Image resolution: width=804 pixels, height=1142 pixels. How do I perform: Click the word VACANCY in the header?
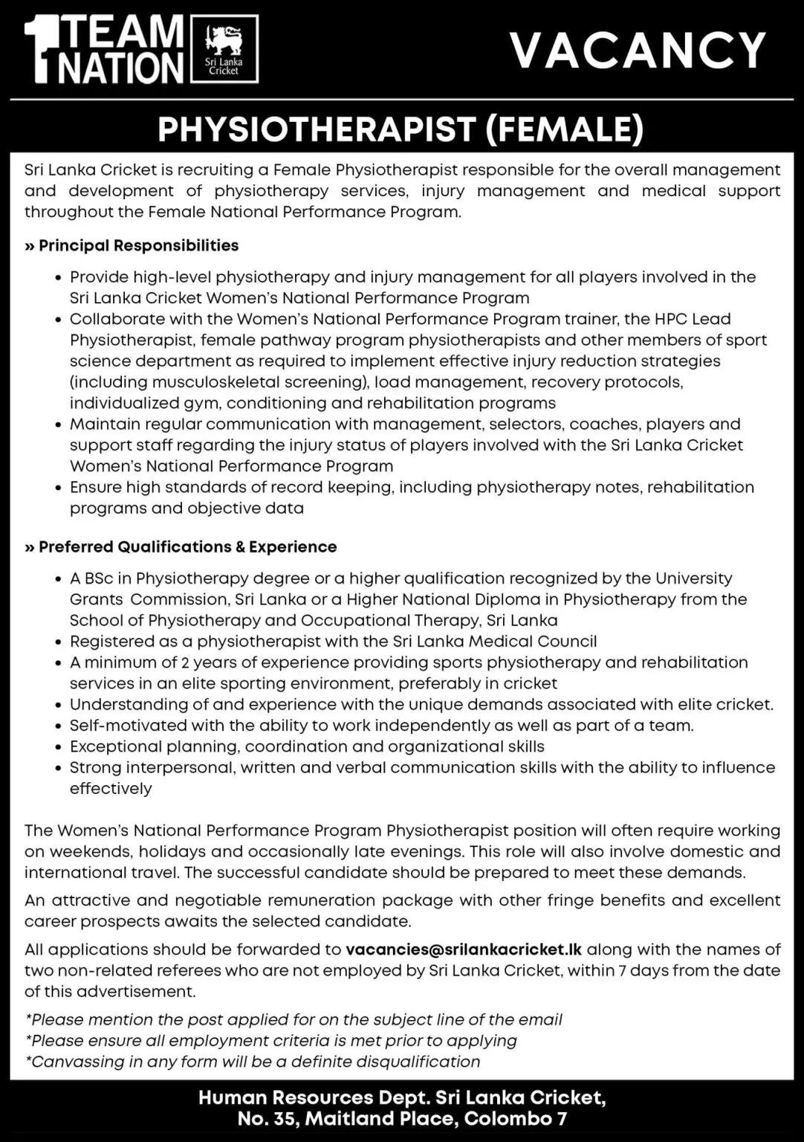point(638,51)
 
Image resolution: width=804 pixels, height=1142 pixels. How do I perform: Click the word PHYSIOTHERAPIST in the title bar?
point(317,129)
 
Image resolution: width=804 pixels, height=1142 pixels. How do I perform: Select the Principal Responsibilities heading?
point(138,245)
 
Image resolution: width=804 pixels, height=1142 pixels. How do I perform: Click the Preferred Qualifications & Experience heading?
point(187,546)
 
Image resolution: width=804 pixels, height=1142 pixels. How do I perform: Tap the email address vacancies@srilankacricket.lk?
point(464,949)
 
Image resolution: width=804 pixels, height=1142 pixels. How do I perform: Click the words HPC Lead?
point(691,319)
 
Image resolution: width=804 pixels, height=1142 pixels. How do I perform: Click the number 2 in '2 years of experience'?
point(185,662)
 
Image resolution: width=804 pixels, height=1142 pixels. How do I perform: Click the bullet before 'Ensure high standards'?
point(59,488)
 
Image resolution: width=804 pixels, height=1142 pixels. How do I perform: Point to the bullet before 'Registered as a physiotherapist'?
point(59,642)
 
